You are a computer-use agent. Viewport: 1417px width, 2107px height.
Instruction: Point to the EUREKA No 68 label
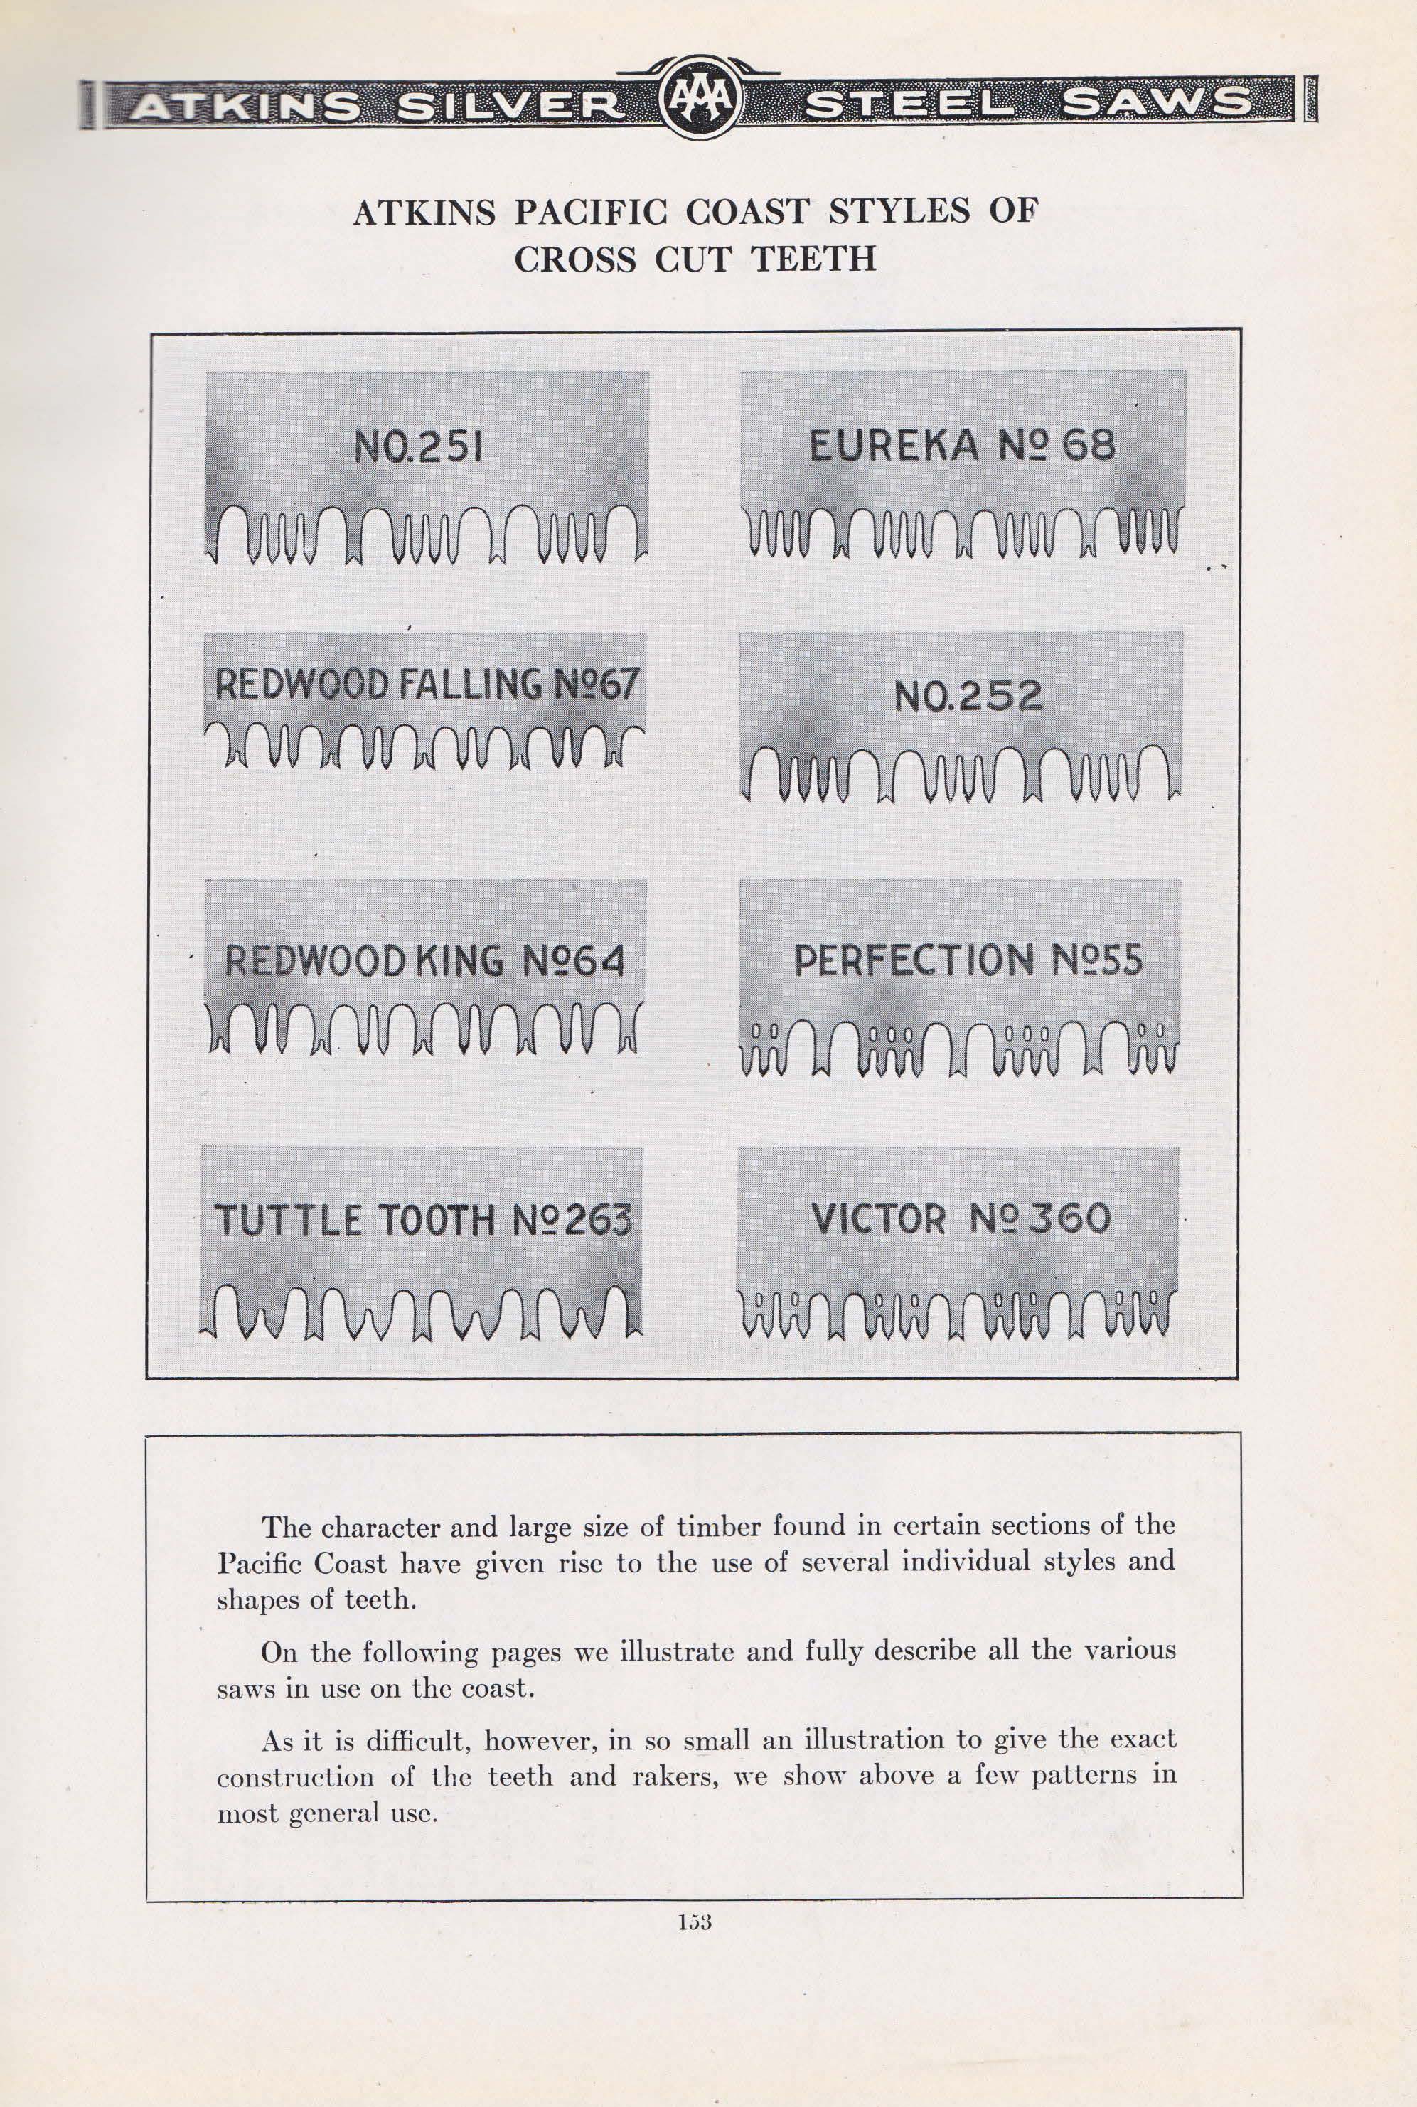click(x=961, y=446)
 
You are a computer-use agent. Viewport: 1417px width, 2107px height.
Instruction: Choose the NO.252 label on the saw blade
click(x=968, y=696)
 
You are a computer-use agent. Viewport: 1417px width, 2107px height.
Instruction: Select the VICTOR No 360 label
click(x=961, y=1218)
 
